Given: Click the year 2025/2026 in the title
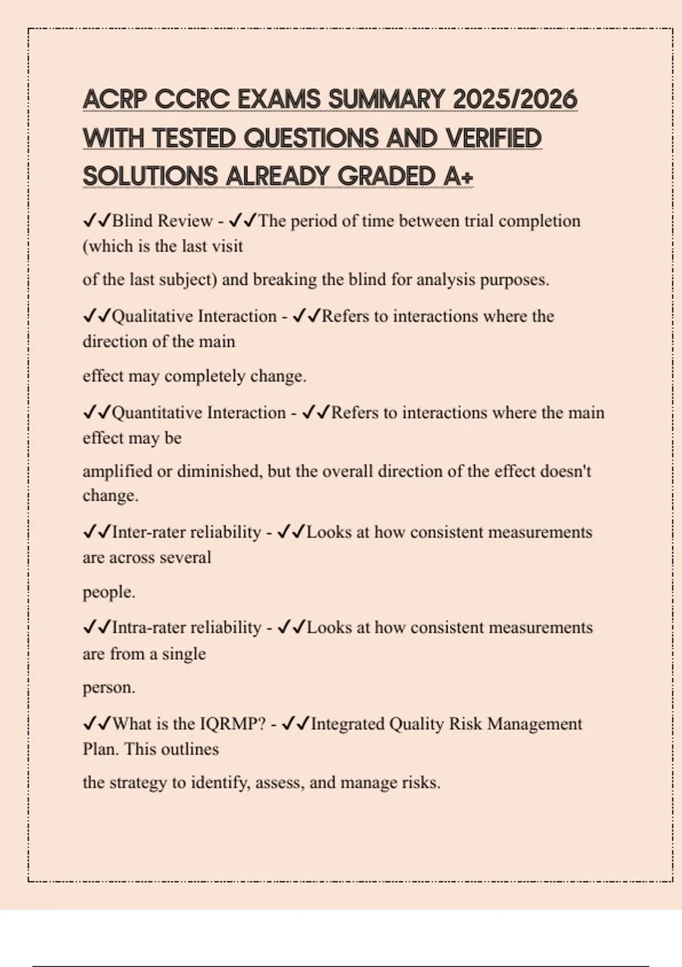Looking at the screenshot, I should pos(514,100).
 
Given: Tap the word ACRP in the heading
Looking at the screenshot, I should pos(115,100).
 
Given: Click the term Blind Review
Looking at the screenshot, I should pos(163,221).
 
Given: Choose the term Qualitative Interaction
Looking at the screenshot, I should pos(194,316).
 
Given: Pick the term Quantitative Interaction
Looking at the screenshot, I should pos(199,412).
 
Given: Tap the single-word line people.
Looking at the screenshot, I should pos(109,592).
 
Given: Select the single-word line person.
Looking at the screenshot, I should pos(109,688).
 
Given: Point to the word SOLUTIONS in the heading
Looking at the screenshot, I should pos(150,176).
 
